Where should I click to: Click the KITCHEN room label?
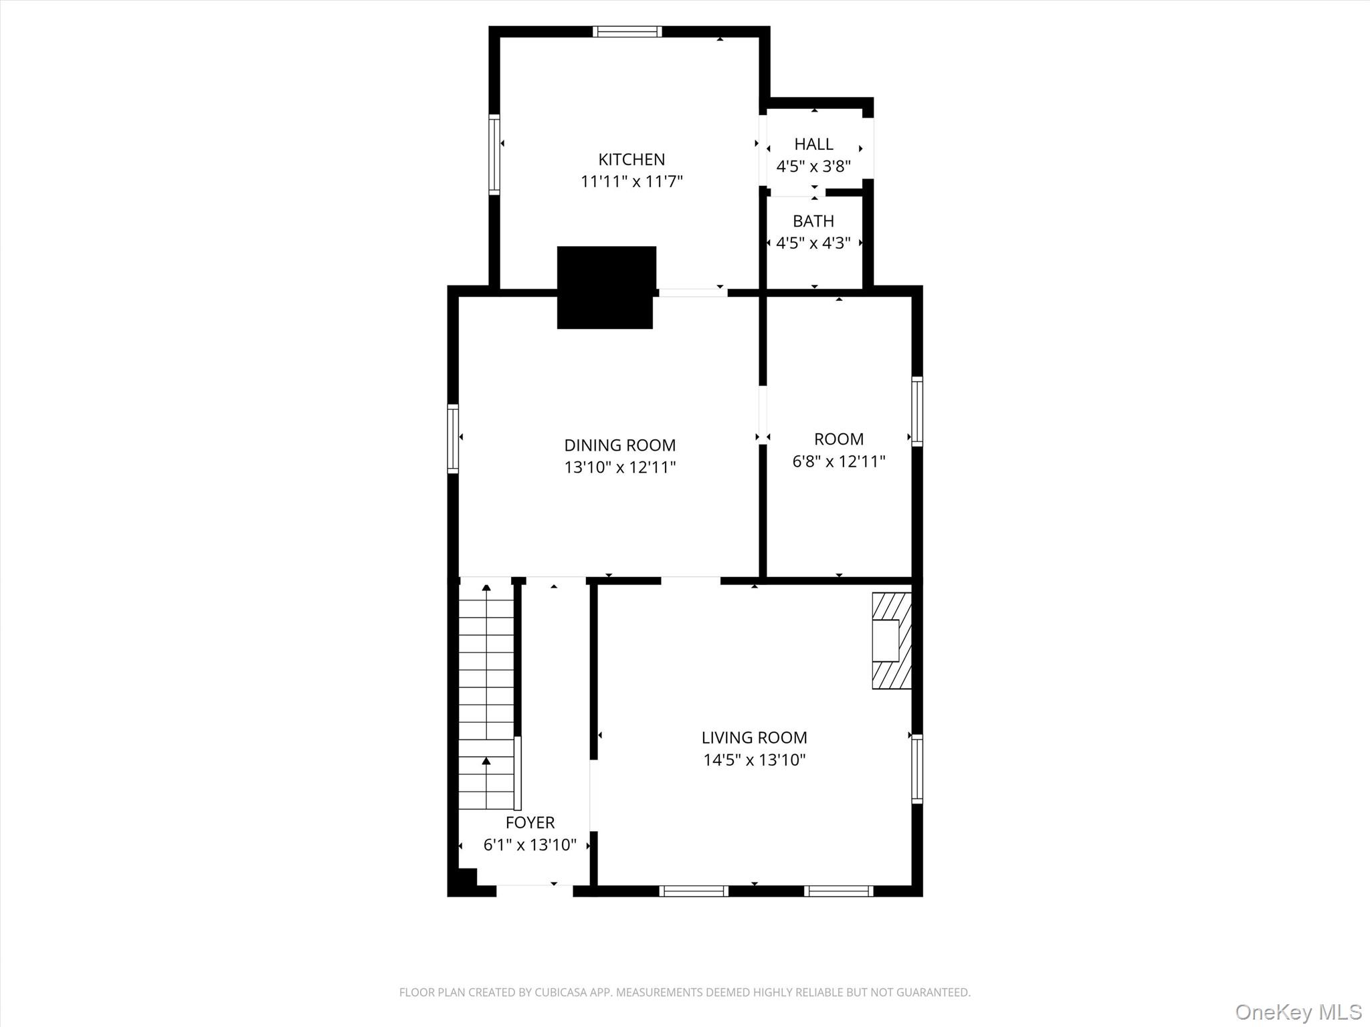click(631, 160)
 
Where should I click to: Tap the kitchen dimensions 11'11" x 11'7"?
click(631, 182)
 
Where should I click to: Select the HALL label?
click(813, 144)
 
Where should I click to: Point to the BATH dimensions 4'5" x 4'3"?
click(813, 243)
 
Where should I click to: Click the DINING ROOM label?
click(619, 445)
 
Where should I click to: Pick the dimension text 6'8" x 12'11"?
click(839, 461)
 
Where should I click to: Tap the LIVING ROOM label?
click(754, 737)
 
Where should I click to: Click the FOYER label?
click(530, 822)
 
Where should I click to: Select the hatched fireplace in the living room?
click(892, 641)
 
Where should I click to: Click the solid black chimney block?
click(606, 288)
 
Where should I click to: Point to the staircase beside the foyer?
click(486, 695)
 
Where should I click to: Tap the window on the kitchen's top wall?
click(627, 31)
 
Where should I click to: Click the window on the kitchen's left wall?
click(494, 154)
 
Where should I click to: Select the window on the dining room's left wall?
click(453, 439)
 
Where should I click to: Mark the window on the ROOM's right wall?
click(917, 411)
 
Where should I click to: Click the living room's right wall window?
click(917, 768)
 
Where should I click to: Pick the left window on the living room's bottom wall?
click(694, 891)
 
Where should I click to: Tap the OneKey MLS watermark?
click(1298, 1012)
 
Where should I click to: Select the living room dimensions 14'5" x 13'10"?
click(754, 760)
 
